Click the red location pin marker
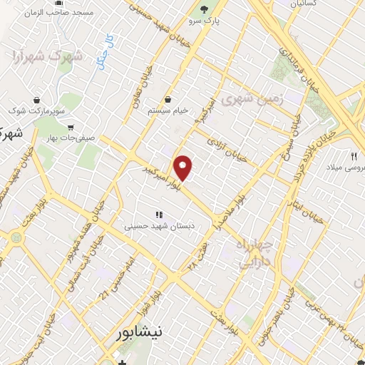(x=184, y=168)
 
